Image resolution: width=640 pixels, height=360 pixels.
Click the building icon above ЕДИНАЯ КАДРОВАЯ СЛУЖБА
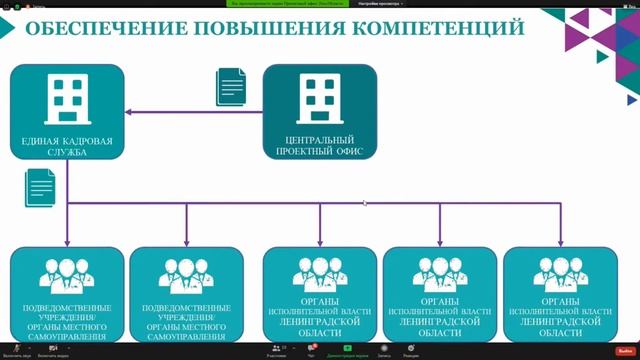click(68, 97)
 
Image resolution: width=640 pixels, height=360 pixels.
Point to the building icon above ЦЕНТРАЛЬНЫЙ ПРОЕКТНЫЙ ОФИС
click(319, 97)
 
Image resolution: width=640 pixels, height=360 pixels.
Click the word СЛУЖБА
click(68, 153)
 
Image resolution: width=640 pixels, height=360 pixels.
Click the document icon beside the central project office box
click(230, 86)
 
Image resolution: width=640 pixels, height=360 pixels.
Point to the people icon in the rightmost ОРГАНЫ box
click(560, 274)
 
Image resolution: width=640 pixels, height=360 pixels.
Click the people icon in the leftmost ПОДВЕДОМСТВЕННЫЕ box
click(67, 275)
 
